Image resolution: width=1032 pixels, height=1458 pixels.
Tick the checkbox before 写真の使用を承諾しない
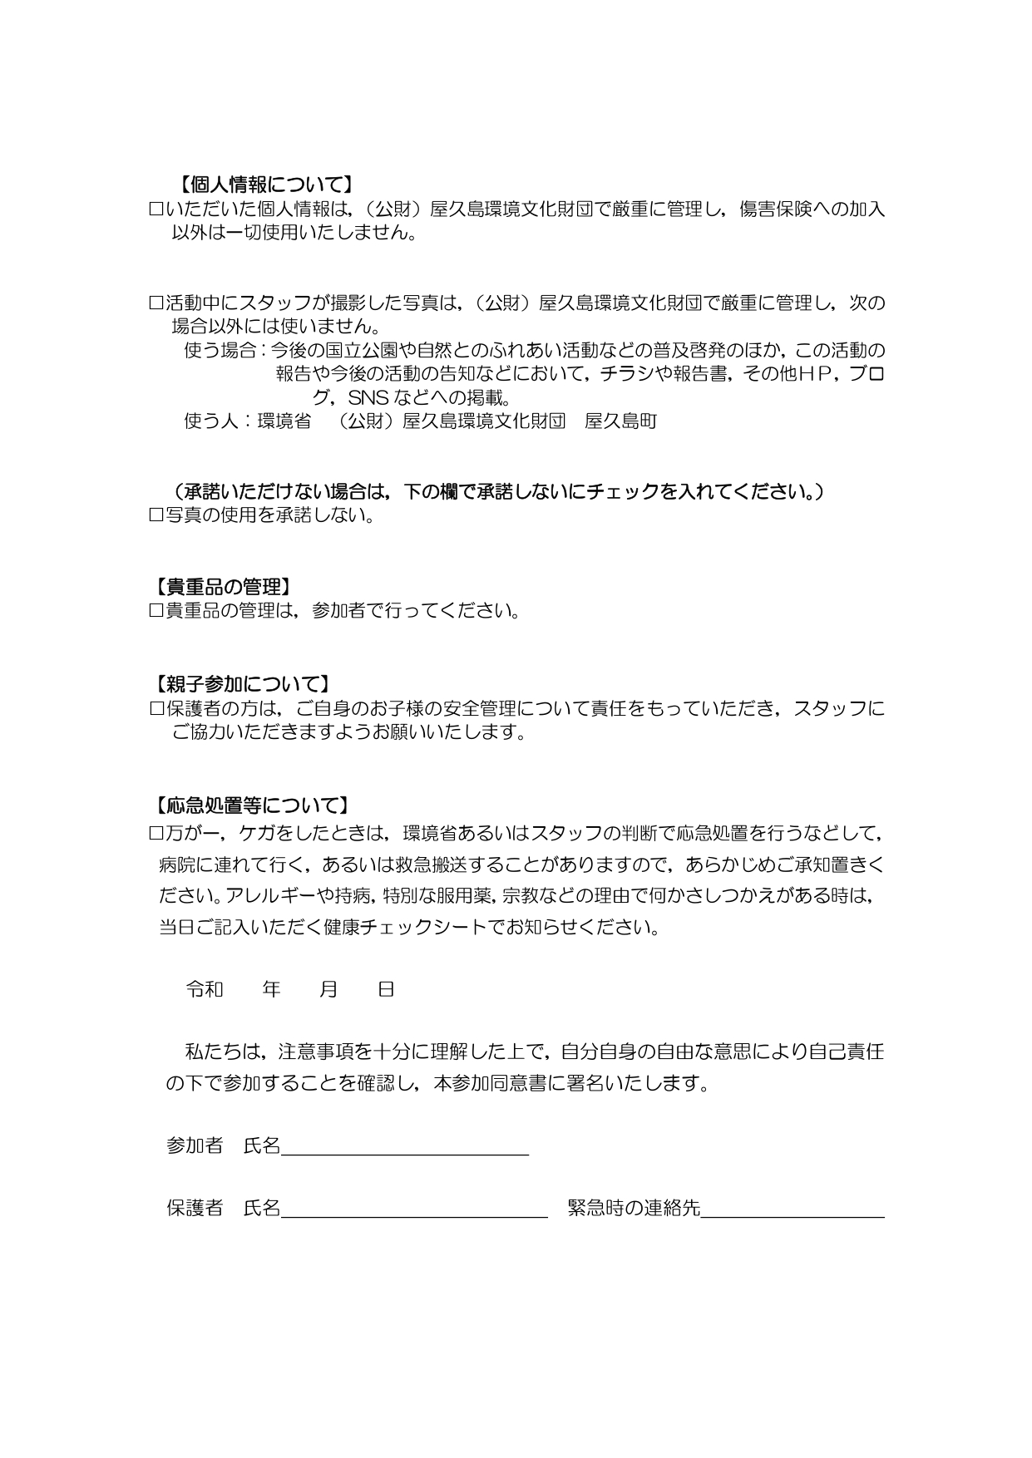156,515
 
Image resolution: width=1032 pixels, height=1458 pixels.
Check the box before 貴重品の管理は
156,611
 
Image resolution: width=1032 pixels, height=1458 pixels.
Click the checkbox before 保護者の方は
156,709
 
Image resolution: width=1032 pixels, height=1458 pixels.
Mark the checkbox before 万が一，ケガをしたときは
156,832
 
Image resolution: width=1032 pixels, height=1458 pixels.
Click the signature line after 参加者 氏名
405,1146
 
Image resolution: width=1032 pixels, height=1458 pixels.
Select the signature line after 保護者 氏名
414,1209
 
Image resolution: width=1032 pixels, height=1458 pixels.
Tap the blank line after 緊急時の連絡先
793,1209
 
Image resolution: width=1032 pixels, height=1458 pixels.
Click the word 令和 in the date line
205,989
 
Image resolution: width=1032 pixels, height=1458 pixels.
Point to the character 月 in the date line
328,989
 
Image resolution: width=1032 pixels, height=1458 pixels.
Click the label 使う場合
220,350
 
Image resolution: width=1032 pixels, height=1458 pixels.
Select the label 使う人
211,421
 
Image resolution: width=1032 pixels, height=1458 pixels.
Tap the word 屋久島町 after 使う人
621,421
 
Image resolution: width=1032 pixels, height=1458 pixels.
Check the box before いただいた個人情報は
156,209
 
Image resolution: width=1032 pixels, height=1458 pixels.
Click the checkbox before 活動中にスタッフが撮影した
156,303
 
